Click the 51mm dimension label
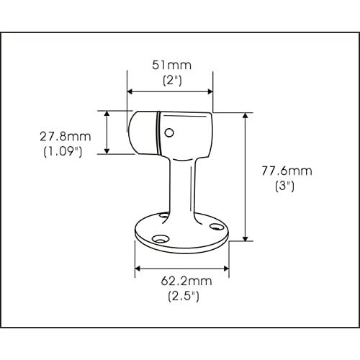click(x=172, y=65)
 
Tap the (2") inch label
click(x=172, y=81)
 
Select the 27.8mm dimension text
click(x=66, y=137)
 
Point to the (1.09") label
click(x=63, y=152)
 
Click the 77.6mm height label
click(x=287, y=171)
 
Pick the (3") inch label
click(x=284, y=186)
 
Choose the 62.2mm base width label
click(x=186, y=281)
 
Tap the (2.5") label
click(x=184, y=296)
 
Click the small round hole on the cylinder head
click(x=169, y=132)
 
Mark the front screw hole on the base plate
click(x=161, y=239)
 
